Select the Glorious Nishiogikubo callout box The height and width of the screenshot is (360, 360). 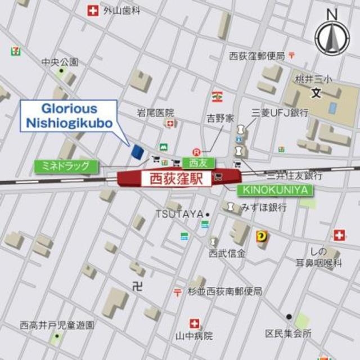click(x=69, y=116)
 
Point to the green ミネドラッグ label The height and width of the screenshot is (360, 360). click(x=66, y=166)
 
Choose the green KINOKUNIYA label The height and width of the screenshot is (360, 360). click(x=275, y=190)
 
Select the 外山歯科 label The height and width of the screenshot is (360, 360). click(x=121, y=10)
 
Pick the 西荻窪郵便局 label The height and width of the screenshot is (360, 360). click(x=256, y=55)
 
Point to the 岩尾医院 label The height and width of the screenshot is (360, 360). click(x=155, y=113)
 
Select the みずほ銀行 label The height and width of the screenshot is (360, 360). click(x=264, y=208)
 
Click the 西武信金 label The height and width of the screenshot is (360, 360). click(x=227, y=253)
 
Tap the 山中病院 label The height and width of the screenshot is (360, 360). click(x=194, y=336)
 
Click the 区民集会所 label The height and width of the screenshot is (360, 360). click(x=289, y=334)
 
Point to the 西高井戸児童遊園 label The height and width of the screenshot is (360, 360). click(x=57, y=325)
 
